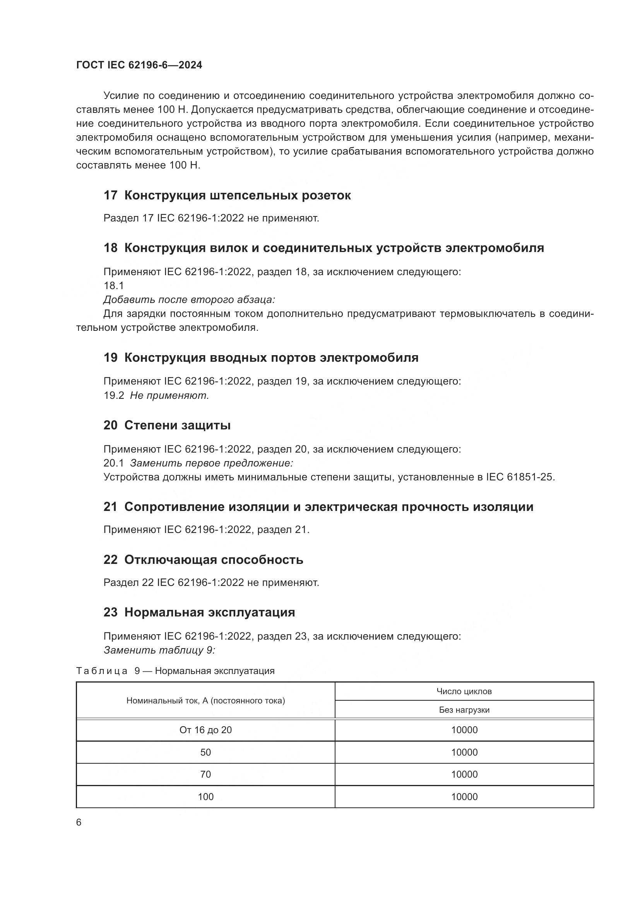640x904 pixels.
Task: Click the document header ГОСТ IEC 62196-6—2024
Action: point(139,65)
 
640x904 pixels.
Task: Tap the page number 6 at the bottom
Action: point(79,822)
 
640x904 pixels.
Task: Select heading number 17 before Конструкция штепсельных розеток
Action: point(110,195)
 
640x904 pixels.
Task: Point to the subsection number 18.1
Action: point(113,286)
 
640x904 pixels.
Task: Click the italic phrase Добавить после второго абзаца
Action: point(189,300)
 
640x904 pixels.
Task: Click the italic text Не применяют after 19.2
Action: point(169,395)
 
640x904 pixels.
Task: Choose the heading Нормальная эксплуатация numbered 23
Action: point(210,612)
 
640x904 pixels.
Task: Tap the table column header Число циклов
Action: point(464,691)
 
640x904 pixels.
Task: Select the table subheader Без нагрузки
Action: point(464,710)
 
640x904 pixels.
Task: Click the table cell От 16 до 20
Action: point(205,730)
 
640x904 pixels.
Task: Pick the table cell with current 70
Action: point(205,775)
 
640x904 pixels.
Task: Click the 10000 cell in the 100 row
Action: point(464,797)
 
